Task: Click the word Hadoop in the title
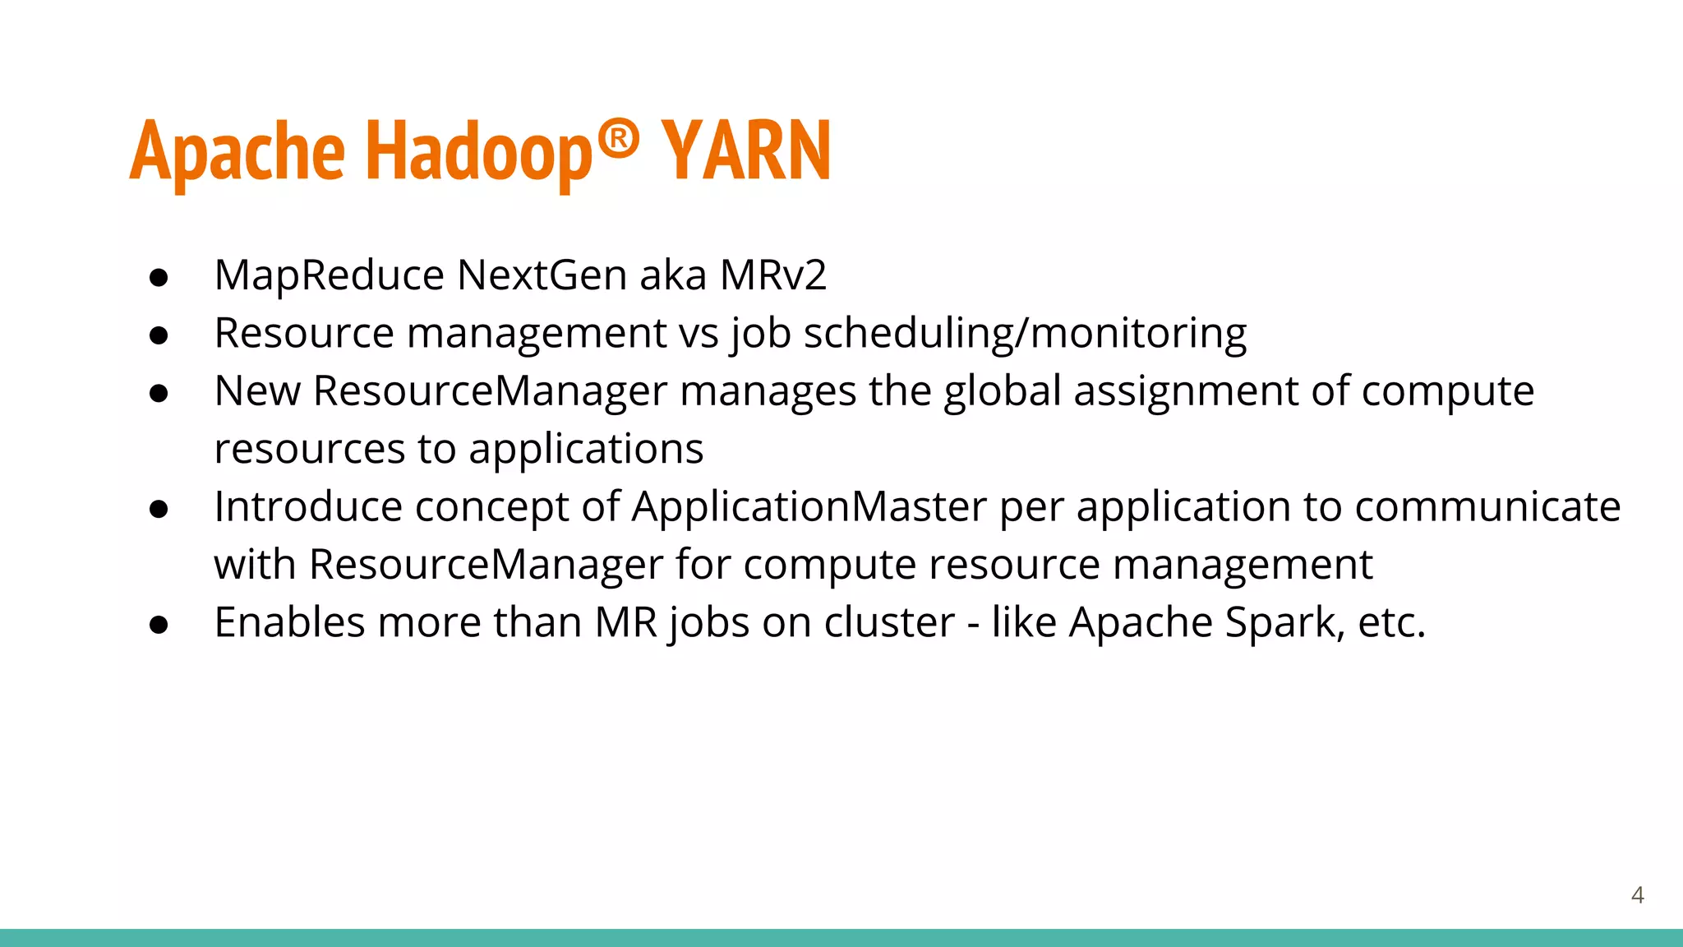tap(478, 152)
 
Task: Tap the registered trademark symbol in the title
tap(618, 139)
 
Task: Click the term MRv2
tap(772, 275)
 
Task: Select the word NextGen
tap(542, 275)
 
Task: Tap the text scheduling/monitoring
tap(1025, 334)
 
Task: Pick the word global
tap(1002, 391)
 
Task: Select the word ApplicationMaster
tap(809, 507)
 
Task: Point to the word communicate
tap(1487, 507)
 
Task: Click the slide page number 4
tap(1637, 895)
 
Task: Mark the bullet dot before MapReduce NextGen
tap(159, 278)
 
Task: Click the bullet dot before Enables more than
tap(159, 625)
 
